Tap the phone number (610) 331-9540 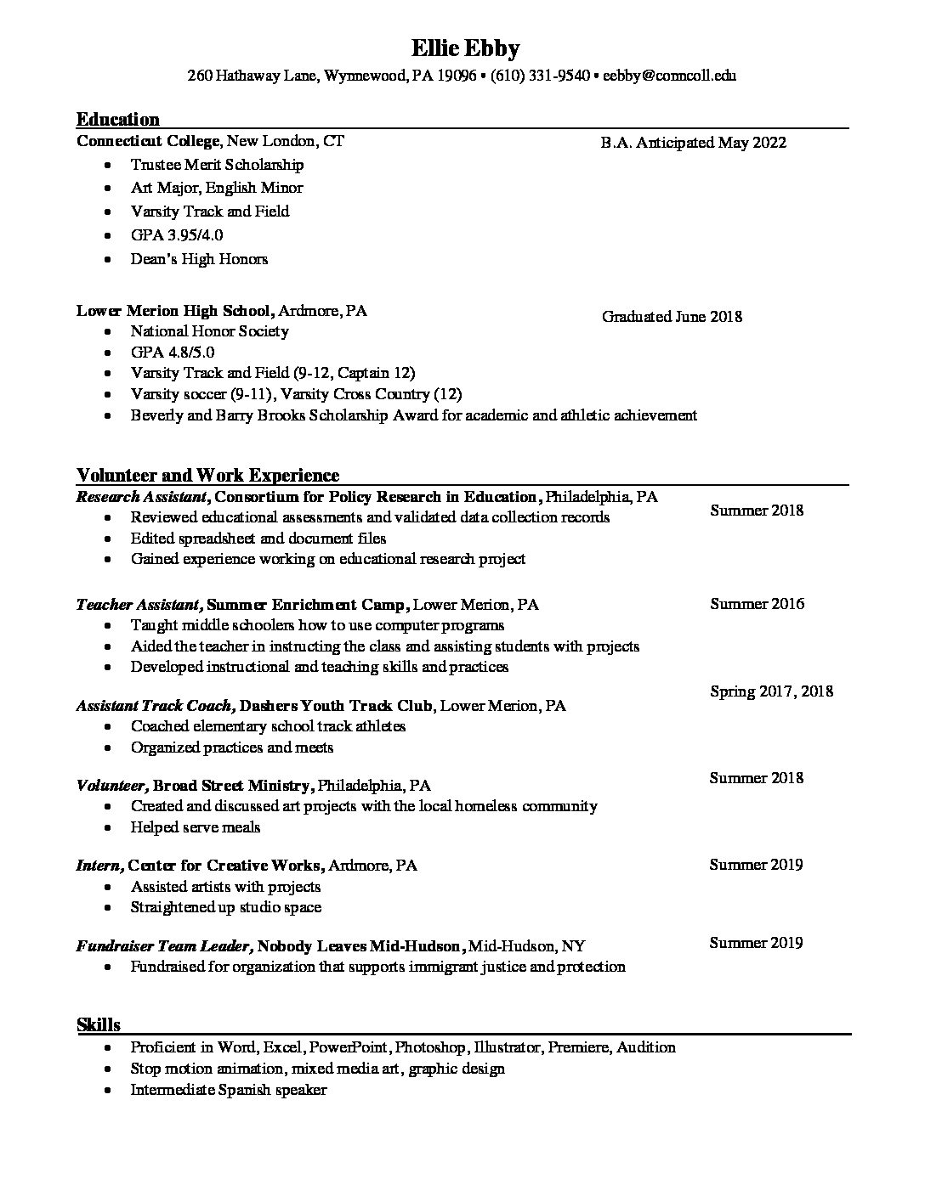pos(540,76)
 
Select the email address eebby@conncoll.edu pos(670,76)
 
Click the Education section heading pos(118,119)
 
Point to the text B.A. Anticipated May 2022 pos(693,143)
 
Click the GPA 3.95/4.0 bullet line pos(177,235)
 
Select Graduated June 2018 pos(672,317)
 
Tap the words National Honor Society pos(209,331)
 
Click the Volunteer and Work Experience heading pos(207,475)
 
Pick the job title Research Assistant pos(141,497)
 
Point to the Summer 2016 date pos(757,604)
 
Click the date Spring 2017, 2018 pos(771,691)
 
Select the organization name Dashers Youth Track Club pos(338,706)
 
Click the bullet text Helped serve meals pos(196,827)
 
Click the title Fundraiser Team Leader pos(163,946)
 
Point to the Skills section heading pos(99,1024)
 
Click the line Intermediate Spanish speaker pos(229,1090)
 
